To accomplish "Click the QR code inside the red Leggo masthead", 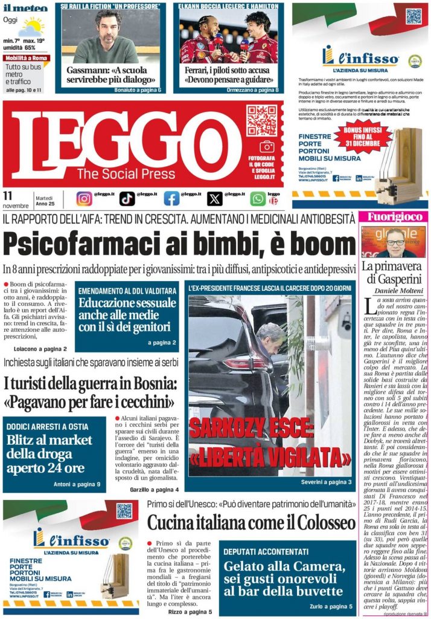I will pos(261,120).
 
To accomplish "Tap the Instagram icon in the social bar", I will pos(85,198).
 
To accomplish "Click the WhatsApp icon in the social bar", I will pos(258,198).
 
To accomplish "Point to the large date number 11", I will pos(8,195).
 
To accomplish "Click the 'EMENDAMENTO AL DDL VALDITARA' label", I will pos(127,291).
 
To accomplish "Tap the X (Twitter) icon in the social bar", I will pos(215,198).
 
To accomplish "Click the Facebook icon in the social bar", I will pos(171,198).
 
